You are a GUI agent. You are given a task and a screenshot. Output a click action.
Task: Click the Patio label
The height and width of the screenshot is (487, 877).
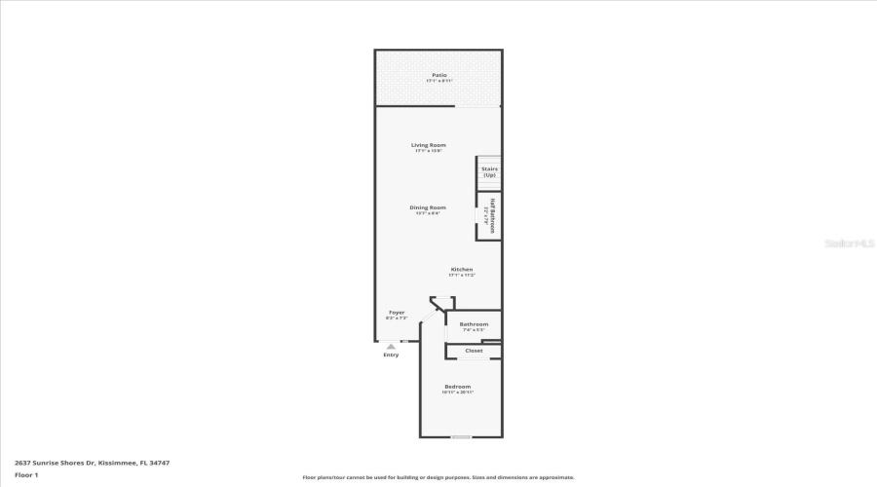439,74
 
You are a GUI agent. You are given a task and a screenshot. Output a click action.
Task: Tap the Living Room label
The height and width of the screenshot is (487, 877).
429,145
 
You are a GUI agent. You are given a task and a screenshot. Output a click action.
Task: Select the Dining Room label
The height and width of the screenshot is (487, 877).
428,206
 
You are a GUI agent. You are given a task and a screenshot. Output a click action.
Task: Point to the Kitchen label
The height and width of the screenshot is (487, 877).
462,269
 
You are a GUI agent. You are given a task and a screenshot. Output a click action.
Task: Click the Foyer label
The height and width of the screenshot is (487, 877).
397,313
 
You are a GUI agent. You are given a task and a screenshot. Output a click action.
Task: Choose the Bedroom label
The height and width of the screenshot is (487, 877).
458,387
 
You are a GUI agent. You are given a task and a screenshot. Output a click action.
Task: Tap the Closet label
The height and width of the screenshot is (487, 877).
474,351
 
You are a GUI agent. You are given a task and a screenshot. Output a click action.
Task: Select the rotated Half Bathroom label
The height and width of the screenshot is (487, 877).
492,216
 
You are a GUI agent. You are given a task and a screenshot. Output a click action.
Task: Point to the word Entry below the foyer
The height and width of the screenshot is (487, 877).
391,355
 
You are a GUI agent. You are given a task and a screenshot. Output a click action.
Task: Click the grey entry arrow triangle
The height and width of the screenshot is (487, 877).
391,346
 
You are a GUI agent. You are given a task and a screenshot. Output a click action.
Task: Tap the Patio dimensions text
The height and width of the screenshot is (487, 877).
439,81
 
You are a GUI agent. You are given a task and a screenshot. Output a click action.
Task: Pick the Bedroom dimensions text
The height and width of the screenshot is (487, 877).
458,393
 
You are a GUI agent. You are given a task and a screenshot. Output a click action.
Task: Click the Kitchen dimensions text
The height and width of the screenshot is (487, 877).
462,276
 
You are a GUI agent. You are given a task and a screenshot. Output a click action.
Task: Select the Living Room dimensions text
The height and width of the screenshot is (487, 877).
429,151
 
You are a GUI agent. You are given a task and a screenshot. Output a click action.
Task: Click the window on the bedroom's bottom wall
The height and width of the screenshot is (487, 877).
461,437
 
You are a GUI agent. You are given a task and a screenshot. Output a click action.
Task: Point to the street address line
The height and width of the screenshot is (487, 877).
85,463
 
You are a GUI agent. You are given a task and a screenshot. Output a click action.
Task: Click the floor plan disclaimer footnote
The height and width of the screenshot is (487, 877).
438,477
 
